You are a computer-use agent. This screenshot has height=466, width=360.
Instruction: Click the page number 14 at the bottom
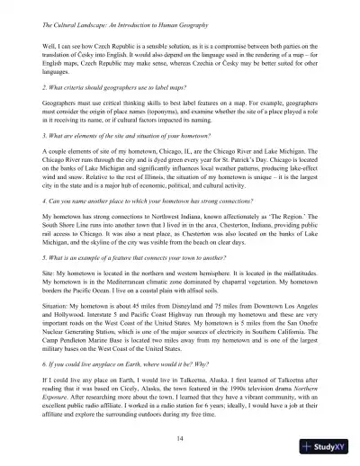(x=179, y=435)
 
